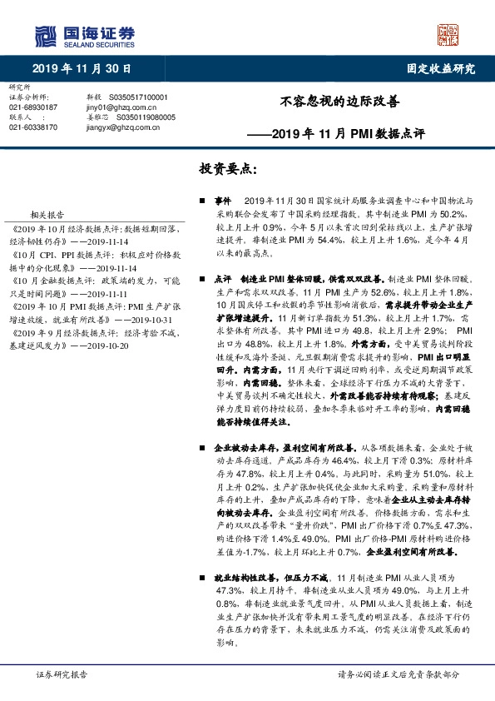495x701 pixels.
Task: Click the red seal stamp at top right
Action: (x=448, y=34)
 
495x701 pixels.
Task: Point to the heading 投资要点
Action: (x=228, y=169)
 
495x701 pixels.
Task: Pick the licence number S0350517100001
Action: (x=138, y=97)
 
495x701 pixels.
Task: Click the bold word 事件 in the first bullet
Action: (x=222, y=201)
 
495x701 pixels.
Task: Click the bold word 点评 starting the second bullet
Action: (x=222, y=279)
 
